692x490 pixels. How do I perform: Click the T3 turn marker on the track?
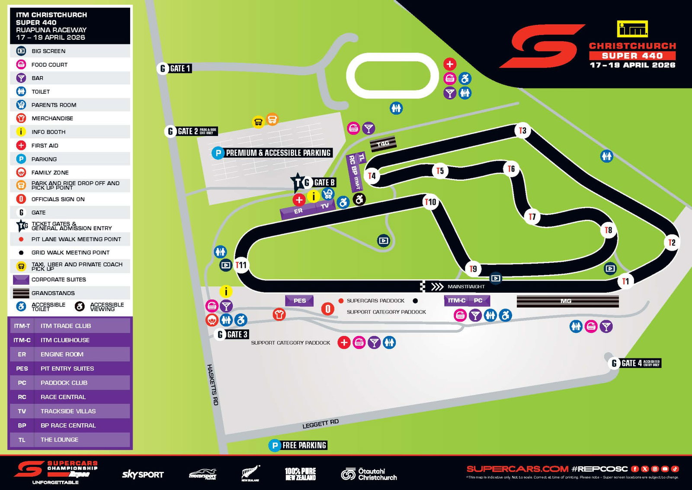(x=522, y=130)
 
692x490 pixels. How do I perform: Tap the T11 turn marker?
(x=241, y=265)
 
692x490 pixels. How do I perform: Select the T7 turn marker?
(x=532, y=216)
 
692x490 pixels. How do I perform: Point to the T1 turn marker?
(x=625, y=281)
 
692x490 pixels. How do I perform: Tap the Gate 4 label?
(x=634, y=363)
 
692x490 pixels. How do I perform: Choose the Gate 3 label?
(x=232, y=334)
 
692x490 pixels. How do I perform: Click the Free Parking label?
(x=298, y=445)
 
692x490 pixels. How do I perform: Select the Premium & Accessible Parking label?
(x=273, y=153)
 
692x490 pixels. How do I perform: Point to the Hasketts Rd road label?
(x=212, y=384)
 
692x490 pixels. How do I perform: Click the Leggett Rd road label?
(x=320, y=424)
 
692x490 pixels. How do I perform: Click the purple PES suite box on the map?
(x=299, y=300)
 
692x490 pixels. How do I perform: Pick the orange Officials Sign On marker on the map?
(x=328, y=309)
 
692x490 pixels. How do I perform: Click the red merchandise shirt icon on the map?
(x=279, y=314)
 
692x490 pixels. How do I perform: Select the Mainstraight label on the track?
(x=466, y=287)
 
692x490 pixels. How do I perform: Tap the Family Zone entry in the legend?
(x=50, y=172)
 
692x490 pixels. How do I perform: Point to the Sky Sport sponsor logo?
(x=143, y=474)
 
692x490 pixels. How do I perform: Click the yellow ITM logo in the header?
(x=632, y=29)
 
